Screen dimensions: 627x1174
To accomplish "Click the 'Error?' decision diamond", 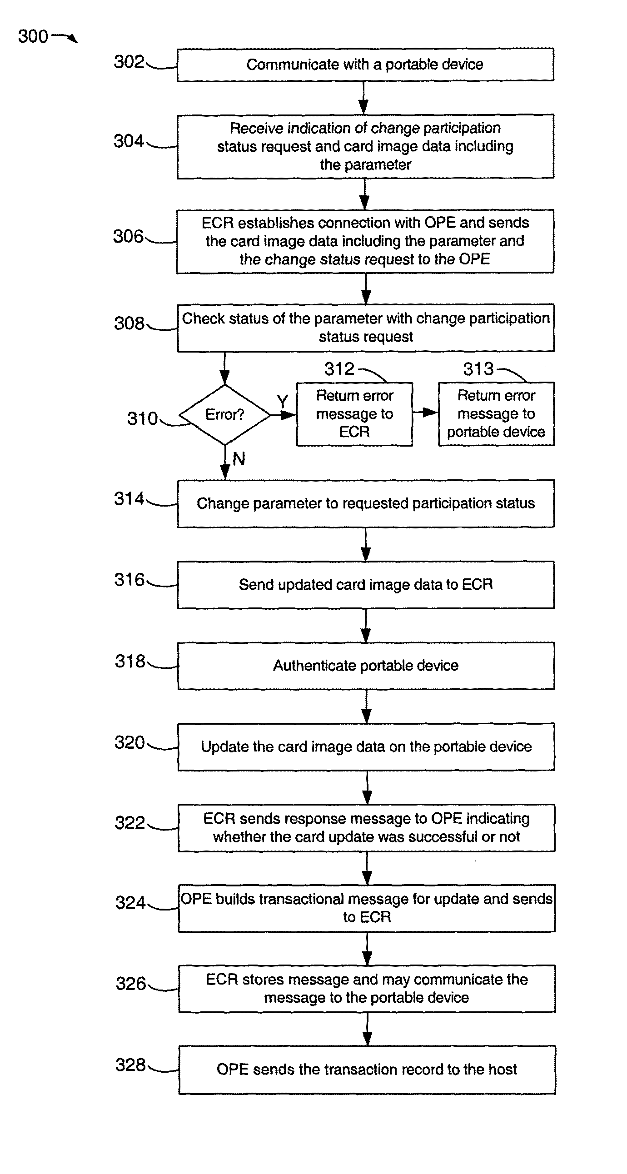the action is pyautogui.click(x=225, y=415).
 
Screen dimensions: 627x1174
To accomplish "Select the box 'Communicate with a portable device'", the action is pyautogui.click(x=365, y=65).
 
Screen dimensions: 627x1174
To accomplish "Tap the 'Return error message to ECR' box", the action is pyautogui.click(x=354, y=414).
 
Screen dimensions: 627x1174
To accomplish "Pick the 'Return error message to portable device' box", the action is pyautogui.click(x=496, y=414).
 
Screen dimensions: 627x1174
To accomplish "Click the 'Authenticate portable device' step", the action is pyautogui.click(x=366, y=666).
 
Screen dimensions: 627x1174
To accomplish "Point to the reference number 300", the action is pyautogui.click(x=33, y=36).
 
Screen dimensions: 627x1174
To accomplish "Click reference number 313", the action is pyautogui.click(x=478, y=369).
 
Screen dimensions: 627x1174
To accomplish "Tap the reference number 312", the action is pyautogui.click(x=339, y=369).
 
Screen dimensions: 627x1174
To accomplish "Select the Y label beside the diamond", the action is pyautogui.click(x=283, y=402).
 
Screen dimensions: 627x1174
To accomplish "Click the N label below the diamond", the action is pyautogui.click(x=239, y=458).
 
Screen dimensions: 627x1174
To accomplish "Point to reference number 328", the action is pyautogui.click(x=130, y=1065).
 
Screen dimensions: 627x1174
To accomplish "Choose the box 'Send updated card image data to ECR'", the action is pyautogui.click(x=366, y=585).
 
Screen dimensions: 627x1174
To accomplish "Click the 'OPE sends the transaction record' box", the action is pyautogui.click(x=367, y=1070).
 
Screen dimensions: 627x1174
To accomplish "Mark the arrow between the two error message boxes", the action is pyautogui.click(x=425, y=413).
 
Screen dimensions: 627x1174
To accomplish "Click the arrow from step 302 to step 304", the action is pyautogui.click(x=363, y=98).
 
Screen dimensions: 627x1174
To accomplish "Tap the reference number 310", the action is pyautogui.click(x=142, y=418).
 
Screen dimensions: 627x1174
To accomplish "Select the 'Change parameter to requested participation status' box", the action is pyautogui.click(x=366, y=503).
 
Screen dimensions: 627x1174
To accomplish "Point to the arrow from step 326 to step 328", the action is pyautogui.click(x=367, y=1029).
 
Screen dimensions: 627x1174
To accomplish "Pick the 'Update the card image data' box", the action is pyautogui.click(x=366, y=747).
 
